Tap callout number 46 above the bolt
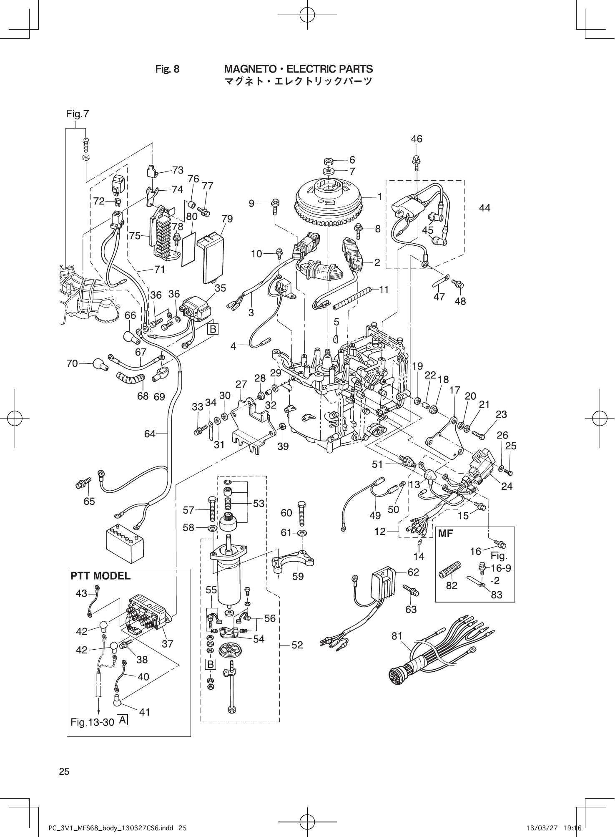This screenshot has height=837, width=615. pos(416,139)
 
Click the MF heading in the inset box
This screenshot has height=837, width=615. pos(446,534)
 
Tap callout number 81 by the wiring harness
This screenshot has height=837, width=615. pos(397,636)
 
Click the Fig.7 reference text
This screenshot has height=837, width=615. pos(77,114)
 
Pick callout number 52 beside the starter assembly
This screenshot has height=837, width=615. pos(297,645)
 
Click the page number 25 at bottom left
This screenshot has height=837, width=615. pos(64,771)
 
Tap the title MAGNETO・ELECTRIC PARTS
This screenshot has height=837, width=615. pos(299,69)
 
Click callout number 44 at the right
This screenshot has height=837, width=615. pos(484,207)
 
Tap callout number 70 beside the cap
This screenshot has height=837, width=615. pos(72,363)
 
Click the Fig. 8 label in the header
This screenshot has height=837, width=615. pos(167,69)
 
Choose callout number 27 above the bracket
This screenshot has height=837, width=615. pos(241,384)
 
